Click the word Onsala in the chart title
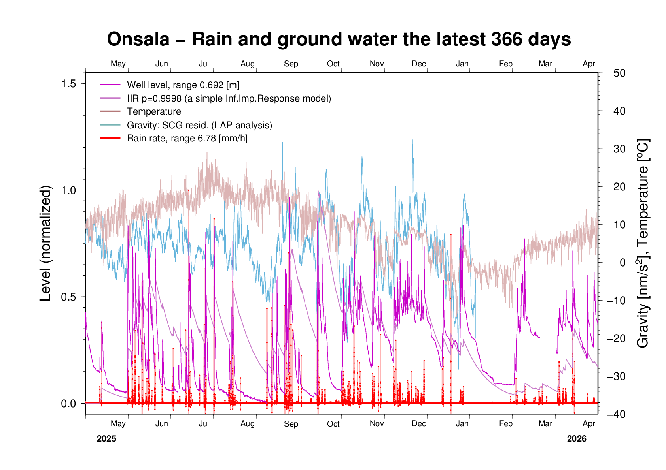coord(138,39)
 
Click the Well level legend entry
coord(183,85)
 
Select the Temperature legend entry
coord(154,112)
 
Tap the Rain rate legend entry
coord(187,139)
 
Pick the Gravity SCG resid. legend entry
coord(199,125)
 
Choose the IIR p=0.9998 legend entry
coord(229,98)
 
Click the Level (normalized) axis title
coord(46,243)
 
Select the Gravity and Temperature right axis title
coord(643,243)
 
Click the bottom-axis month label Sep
coord(291,424)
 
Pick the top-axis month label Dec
coord(419,64)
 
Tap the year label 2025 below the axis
coord(106,439)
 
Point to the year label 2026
coord(577,439)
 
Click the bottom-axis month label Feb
coord(506,424)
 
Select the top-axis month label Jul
coord(204,64)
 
